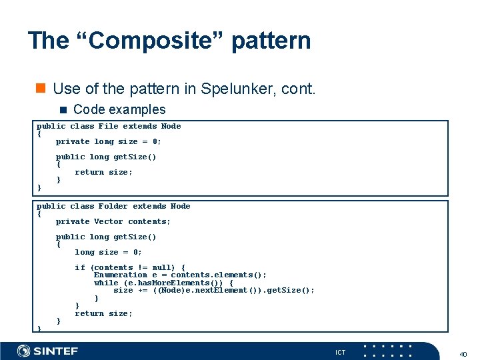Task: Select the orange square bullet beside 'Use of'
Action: point(41,88)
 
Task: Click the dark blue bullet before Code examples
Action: point(63,109)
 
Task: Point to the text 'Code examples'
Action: point(119,109)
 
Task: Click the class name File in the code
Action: point(108,126)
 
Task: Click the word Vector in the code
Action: point(108,221)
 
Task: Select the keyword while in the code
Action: point(106,283)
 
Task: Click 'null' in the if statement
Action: point(162,267)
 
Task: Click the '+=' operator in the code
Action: point(143,290)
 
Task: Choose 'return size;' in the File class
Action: point(103,172)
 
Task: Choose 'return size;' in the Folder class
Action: point(103,313)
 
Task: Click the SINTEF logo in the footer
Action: point(48,351)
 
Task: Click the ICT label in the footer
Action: point(340,352)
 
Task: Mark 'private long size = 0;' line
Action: point(108,141)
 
